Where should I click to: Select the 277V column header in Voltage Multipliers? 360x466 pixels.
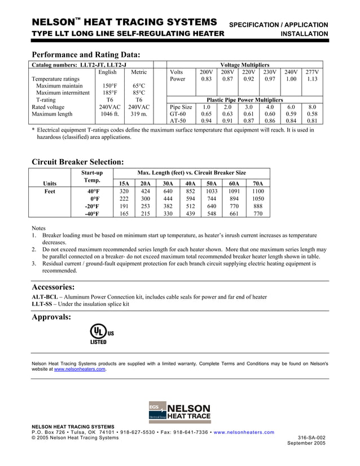coord(312,72)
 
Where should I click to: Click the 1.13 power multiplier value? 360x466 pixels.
coord(312,80)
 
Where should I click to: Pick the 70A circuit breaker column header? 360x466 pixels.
coord(258,183)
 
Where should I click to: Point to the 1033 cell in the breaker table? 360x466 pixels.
coord(212,191)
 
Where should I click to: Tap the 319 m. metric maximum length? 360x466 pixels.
coord(138,114)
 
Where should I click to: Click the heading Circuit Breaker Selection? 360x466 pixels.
coord(78,161)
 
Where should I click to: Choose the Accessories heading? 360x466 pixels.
coord(54,286)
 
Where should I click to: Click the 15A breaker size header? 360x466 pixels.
coord(123,183)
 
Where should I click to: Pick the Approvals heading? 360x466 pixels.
coord(52,316)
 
